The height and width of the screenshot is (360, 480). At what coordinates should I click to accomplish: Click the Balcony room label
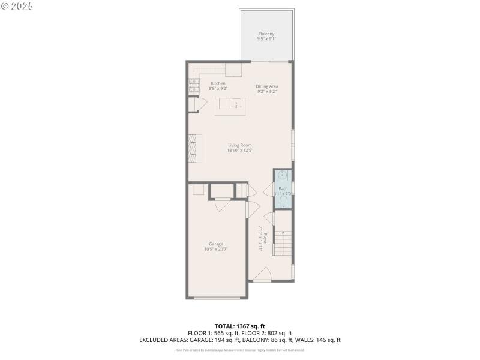266,34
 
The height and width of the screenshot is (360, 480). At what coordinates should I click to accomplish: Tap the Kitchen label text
218,83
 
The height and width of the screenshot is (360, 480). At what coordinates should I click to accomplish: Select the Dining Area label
267,86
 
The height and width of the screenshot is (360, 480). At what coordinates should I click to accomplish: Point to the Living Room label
239,145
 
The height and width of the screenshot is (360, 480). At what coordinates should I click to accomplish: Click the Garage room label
216,244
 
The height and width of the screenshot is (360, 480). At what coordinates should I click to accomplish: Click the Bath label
283,189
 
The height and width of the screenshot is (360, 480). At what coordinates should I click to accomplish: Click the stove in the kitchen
194,87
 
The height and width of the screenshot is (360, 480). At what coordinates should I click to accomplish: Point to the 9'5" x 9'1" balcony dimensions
266,39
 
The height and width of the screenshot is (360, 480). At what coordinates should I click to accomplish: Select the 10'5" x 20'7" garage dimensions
216,249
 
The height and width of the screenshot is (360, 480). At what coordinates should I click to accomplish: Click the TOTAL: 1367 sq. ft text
239,326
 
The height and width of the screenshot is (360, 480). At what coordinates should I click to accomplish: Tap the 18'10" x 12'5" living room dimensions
239,151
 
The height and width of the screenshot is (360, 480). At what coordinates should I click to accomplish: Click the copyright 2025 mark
17,5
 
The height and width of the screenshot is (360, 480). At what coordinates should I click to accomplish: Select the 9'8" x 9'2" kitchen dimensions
218,89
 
